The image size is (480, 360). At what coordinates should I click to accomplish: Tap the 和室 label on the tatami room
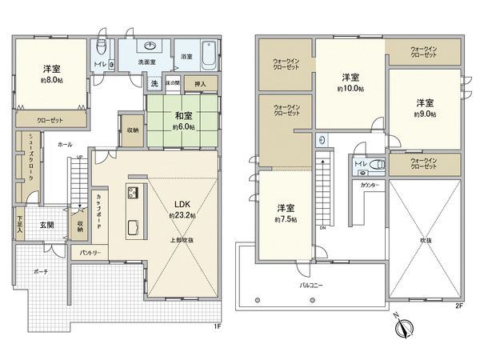click(x=183, y=114)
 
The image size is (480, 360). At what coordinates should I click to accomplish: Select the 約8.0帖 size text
click(x=53, y=80)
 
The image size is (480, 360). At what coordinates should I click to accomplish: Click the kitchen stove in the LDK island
click(x=132, y=194)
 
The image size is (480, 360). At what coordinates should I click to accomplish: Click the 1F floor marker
click(x=218, y=326)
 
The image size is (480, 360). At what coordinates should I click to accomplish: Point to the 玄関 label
click(x=48, y=225)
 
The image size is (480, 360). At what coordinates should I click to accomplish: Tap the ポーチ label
click(x=42, y=272)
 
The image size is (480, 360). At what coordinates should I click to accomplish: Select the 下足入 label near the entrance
click(x=19, y=224)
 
